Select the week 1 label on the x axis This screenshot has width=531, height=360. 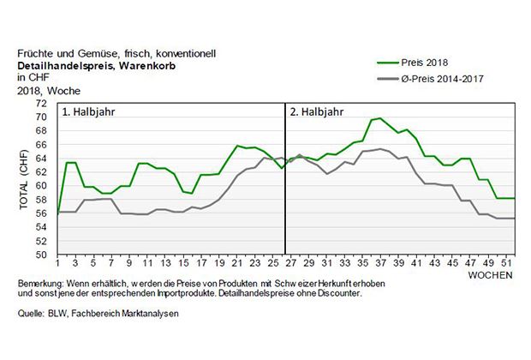[57, 264]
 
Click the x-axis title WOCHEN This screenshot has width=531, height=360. [491, 275]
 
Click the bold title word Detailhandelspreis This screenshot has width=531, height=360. [63, 65]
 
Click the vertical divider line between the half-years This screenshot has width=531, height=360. [285, 180]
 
